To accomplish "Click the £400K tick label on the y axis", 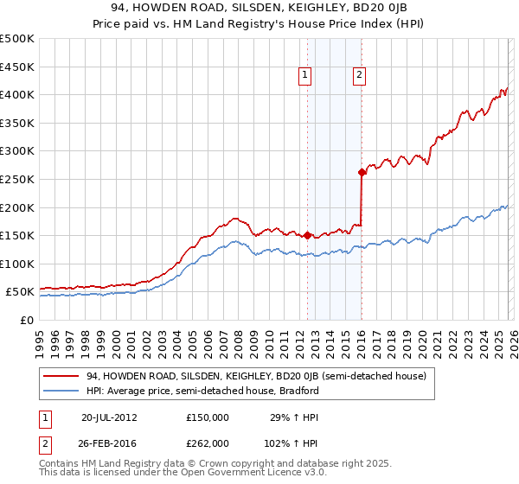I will tap(17, 94).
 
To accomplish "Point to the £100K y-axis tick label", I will tap(17, 264).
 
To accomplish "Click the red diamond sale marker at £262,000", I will tap(362, 172).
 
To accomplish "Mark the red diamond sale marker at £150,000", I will tap(307, 234).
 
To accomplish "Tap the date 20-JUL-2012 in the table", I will tap(109, 417).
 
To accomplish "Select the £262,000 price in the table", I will tap(208, 443).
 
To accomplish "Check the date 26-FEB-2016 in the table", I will tap(109, 443).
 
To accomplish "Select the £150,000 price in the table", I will tap(208, 417).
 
